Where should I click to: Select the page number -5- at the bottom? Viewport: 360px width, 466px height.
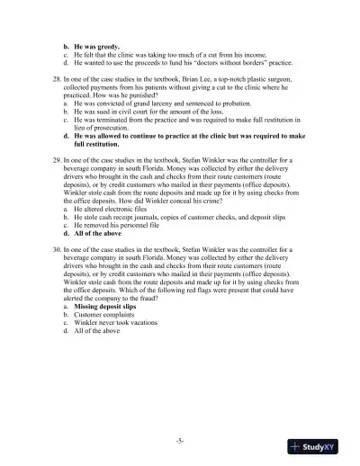point(180,440)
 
